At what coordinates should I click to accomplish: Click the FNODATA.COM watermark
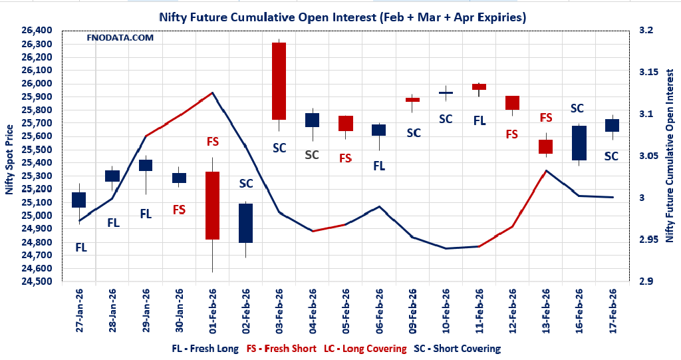[x=120, y=38]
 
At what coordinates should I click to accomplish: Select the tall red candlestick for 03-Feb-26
[x=279, y=81]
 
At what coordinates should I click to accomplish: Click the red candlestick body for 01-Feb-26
[x=213, y=205]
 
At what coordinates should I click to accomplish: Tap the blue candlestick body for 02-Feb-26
[x=246, y=223]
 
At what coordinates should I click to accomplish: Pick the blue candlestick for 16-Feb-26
[x=579, y=142]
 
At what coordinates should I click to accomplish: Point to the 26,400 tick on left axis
[x=41, y=31]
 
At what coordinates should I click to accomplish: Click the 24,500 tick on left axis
[x=41, y=281]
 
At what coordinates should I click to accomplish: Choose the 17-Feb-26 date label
[x=613, y=309]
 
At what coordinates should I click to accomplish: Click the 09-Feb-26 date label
[x=413, y=309]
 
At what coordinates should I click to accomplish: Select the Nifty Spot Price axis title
[x=9, y=156]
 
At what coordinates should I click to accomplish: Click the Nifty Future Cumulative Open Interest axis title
[x=669, y=156]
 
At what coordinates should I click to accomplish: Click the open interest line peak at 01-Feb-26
[x=213, y=92]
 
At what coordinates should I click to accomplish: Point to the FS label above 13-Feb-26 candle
[x=546, y=118]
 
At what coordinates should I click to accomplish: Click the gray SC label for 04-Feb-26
[x=312, y=155]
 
